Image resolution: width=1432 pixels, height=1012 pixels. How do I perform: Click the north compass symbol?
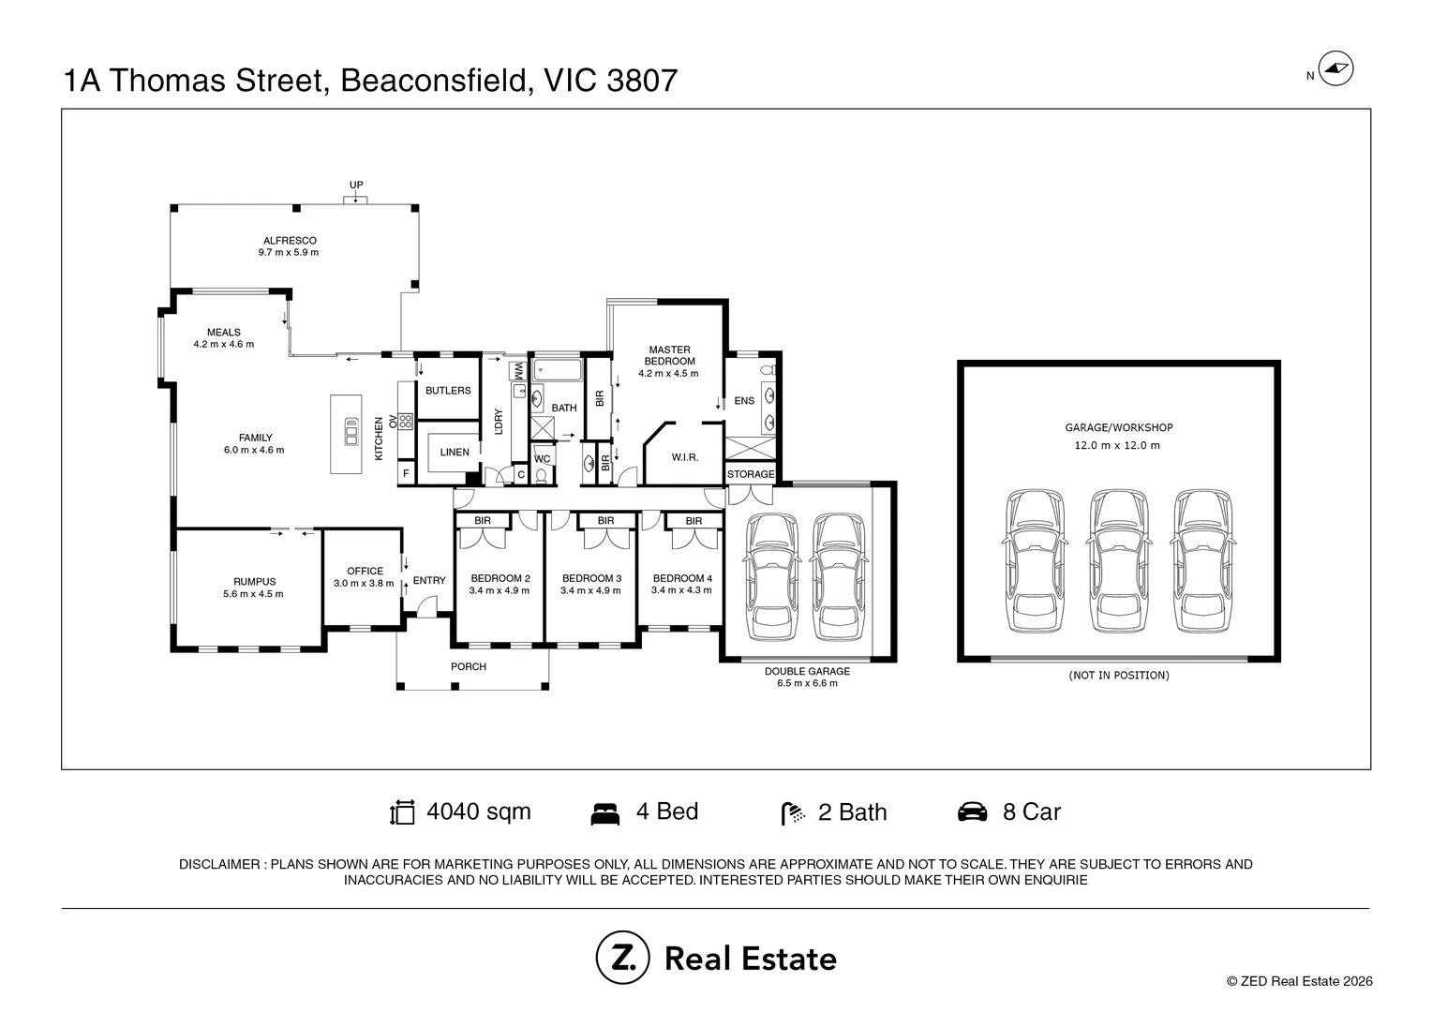tap(1336, 68)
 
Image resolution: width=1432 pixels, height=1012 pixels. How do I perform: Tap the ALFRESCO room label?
tap(290, 241)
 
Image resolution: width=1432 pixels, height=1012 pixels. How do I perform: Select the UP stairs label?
tap(356, 185)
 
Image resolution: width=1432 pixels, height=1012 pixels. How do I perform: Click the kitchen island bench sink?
tap(351, 431)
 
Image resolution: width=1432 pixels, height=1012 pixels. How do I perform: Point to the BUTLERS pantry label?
tap(448, 391)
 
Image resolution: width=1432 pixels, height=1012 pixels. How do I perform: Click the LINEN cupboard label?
tap(455, 452)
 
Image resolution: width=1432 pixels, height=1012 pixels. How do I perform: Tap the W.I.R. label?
tap(685, 457)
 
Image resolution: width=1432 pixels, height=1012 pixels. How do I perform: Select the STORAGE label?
tap(751, 474)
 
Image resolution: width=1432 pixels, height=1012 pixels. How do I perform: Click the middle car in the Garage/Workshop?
tap(1118, 561)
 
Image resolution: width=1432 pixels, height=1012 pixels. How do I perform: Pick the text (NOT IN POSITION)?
tap(1119, 675)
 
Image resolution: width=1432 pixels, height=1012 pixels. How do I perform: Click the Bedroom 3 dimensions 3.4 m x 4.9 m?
tap(590, 590)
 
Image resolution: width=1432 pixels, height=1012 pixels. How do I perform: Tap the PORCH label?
tap(469, 667)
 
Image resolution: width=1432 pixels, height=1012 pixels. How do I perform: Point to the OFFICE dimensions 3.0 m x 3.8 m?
tap(364, 583)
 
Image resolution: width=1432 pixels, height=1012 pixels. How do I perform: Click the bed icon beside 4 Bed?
tap(604, 814)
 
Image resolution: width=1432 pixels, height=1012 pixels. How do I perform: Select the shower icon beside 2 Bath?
tap(793, 814)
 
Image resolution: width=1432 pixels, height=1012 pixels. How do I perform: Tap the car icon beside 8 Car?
tap(972, 811)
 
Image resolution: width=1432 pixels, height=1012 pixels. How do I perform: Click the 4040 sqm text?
tap(479, 811)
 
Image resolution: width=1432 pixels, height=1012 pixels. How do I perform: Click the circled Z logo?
tap(622, 957)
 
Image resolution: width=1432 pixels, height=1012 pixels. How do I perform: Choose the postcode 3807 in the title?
tap(642, 81)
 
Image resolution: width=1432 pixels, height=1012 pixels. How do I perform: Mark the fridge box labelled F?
tap(406, 474)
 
